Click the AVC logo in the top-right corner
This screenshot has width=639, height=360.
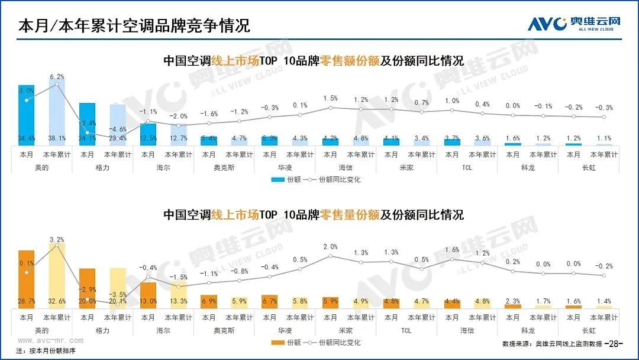pyautogui.click(x=574, y=24)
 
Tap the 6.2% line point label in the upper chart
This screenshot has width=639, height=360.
pyautogui.click(x=57, y=76)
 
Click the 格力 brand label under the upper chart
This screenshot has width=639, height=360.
pyautogui.click(x=102, y=168)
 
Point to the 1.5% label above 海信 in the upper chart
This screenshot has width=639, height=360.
pyautogui.click(x=331, y=98)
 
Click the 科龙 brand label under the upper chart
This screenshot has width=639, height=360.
pyautogui.click(x=528, y=168)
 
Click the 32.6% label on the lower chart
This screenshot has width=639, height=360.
pyautogui.click(x=57, y=301)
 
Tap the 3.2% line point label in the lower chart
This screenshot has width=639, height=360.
pyautogui.click(x=57, y=239)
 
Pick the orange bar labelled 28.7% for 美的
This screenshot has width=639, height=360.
pyautogui.click(x=27, y=278)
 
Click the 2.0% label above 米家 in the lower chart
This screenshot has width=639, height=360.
pyautogui.click(x=331, y=247)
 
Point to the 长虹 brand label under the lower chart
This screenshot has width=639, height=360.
pyautogui.click(x=589, y=330)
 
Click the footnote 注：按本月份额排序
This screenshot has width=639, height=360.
pyautogui.click(x=46, y=351)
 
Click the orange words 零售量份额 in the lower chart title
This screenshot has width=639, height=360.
pyautogui.click(x=349, y=214)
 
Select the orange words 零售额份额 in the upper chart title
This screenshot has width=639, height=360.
pyautogui.click(x=349, y=62)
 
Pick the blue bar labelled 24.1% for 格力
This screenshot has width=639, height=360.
pyautogui.click(x=88, y=124)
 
